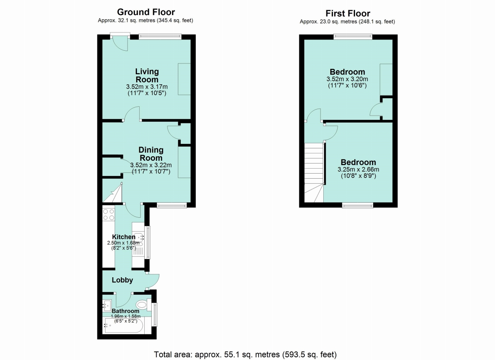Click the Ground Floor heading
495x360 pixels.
click(x=146, y=12)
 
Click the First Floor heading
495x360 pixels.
click(x=348, y=14)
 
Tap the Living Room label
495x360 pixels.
click(x=147, y=75)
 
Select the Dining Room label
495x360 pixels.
click(x=151, y=154)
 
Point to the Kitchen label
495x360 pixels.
click(x=124, y=237)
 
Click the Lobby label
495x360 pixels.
click(x=122, y=280)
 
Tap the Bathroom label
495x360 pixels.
click(x=126, y=311)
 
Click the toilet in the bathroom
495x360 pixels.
click(x=143, y=305)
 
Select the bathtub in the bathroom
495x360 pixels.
click(x=124, y=325)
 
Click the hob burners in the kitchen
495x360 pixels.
click(x=109, y=215)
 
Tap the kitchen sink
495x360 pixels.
click(x=138, y=238)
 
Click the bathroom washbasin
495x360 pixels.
click(x=107, y=305)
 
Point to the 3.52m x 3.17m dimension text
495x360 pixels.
click(x=147, y=86)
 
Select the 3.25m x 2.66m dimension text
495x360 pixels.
click(x=358, y=169)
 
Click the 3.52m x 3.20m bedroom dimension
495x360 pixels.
click(x=347, y=79)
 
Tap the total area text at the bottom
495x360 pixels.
click(x=245, y=355)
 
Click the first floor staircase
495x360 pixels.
click(x=314, y=172)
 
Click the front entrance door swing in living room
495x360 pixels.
click(x=120, y=43)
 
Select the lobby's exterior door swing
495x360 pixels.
click(x=153, y=281)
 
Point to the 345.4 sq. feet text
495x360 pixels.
click(x=175, y=20)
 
